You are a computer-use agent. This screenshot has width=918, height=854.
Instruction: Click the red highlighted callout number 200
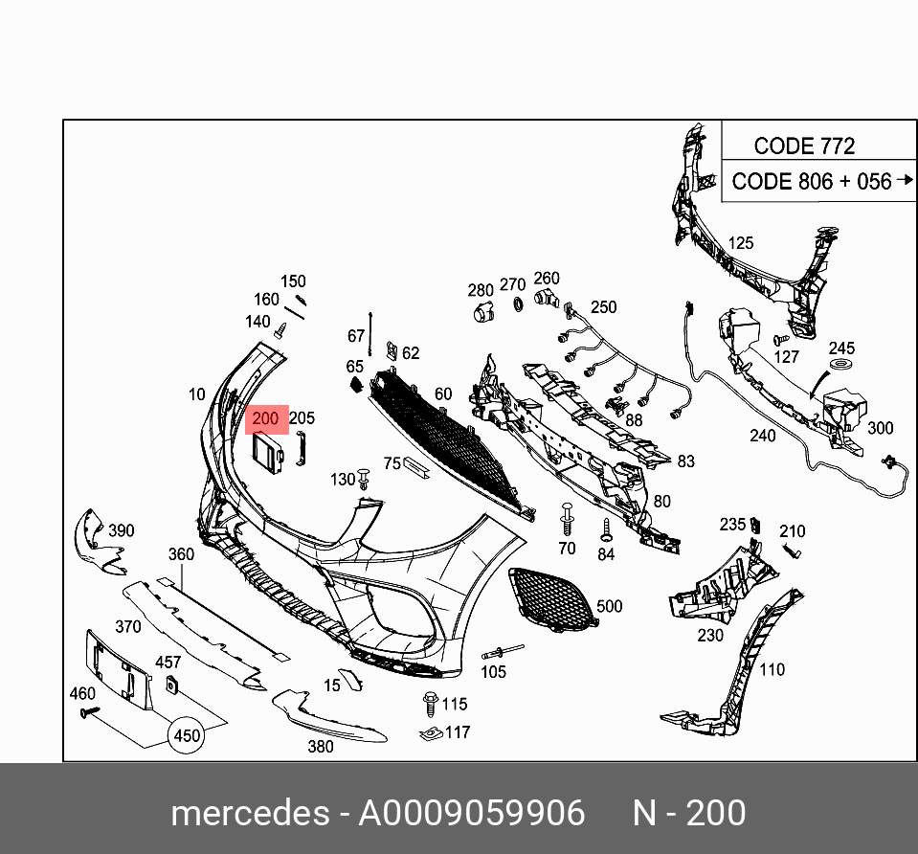[265, 419]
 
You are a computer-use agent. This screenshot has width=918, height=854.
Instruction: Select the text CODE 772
[804, 146]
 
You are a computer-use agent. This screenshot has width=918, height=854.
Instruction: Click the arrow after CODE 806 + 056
[906, 180]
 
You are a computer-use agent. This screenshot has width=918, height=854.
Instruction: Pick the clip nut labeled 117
[430, 734]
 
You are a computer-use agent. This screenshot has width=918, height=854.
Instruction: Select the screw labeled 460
[91, 711]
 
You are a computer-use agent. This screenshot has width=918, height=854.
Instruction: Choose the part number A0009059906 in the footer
[471, 813]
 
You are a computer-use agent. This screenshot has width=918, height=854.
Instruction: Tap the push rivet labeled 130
[365, 479]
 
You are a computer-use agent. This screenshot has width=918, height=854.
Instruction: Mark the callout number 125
[741, 243]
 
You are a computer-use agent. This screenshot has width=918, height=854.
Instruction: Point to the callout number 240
[762, 436]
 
